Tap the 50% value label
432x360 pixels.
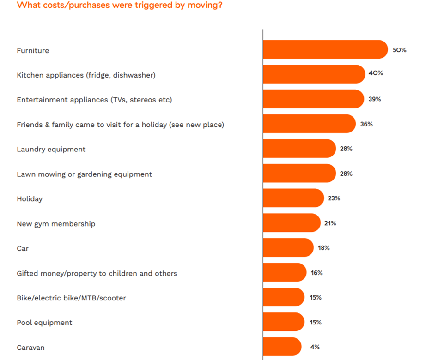pyautogui.click(x=399, y=50)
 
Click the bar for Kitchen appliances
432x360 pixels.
pyautogui.click(x=314, y=74)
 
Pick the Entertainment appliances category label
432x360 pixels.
pyautogui.click(x=94, y=99)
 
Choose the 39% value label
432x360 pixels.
pyautogui.click(x=375, y=99)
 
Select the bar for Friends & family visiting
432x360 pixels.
pyautogui.click(x=309, y=124)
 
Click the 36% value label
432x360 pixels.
pyautogui.click(x=366, y=124)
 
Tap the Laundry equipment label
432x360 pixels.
pyautogui.click(x=51, y=149)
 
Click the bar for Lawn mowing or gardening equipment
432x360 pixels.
pyautogui.click(x=299, y=173)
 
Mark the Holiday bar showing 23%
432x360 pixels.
pyautogui.click(x=293, y=198)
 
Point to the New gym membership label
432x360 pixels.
pyautogui.click(x=56, y=224)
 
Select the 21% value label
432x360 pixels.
pyautogui.click(x=330, y=223)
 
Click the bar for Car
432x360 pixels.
pyautogui.click(x=288, y=247)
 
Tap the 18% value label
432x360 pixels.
pyautogui.click(x=323, y=248)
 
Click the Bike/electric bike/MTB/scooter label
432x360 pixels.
pyautogui.click(x=71, y=298)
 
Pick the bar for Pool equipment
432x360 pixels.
pyautogui.click(x=283, y=322)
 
